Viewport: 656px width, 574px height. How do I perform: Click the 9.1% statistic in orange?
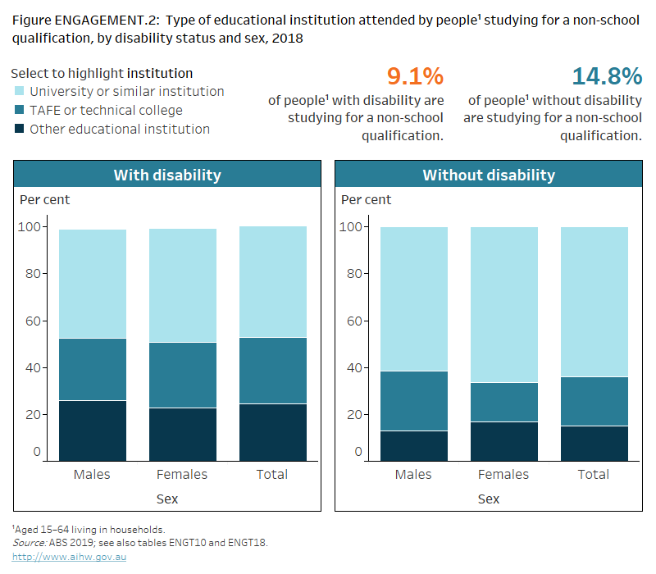[x=415, y=77]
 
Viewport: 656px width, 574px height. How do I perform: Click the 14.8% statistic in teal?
[x=607, y=77]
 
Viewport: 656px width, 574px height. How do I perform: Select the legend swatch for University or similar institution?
[x=19, y=92]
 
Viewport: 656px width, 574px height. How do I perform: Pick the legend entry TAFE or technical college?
[x=106, y=111]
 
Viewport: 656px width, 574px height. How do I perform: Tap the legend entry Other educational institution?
[x=119, y=129]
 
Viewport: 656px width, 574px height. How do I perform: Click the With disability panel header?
[x=167, y=175]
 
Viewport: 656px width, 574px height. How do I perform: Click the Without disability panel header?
[x=488, y=175]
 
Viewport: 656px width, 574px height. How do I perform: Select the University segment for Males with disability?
[x=92, y=284]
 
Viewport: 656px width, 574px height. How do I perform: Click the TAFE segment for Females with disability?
[x=182, y=375]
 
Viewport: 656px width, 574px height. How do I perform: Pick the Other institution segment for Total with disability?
[x=272, y=431]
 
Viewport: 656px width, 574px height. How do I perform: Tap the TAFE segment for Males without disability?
[x=413, y=401]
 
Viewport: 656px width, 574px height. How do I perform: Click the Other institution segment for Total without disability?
[x=594, y=443]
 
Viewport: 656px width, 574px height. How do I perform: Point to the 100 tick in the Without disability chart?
[x=350, y=227]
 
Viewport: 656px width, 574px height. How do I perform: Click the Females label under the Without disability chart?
[x=503, y=475]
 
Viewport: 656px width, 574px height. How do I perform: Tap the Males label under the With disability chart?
[x=92, y=475]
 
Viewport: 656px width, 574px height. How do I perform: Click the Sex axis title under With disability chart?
[x=167, y=499]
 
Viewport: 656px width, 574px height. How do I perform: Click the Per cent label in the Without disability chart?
[x=366, y=200]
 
